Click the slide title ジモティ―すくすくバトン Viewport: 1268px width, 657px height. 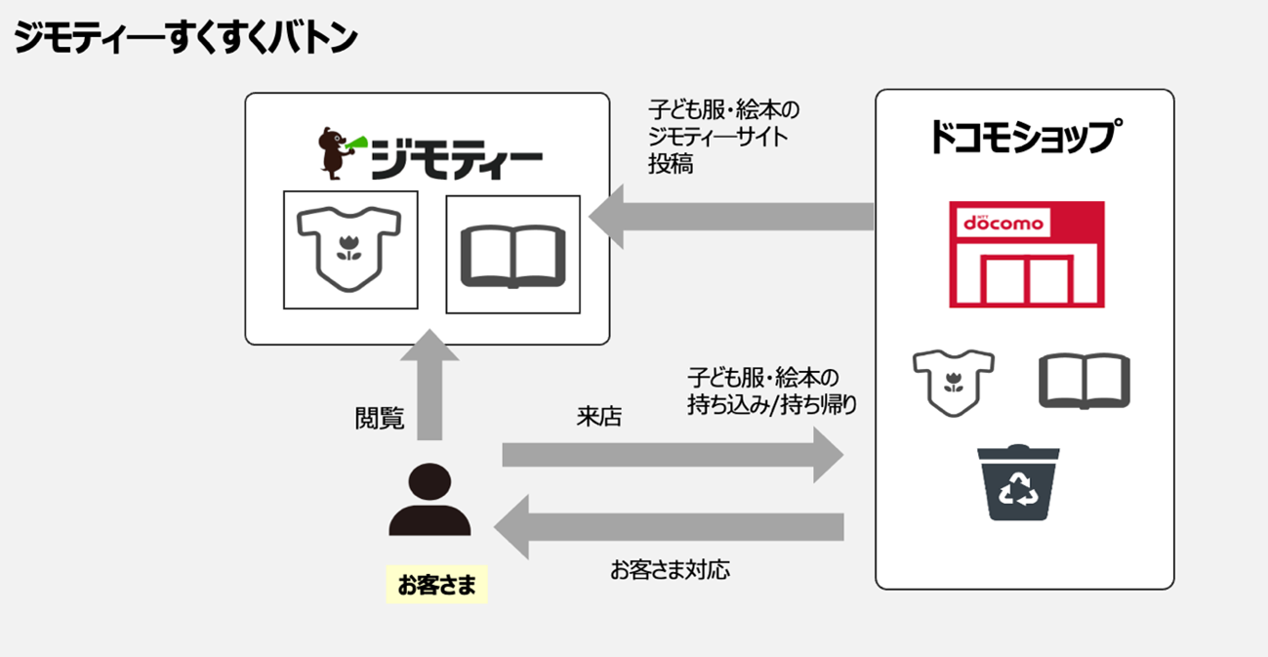185,38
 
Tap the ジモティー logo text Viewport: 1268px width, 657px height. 457,161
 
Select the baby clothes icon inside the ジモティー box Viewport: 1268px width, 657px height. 348,250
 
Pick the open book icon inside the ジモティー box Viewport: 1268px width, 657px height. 512,255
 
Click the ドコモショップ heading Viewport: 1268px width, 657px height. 1024,137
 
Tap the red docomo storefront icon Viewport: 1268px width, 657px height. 1027,255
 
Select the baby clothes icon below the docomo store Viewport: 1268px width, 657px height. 954,382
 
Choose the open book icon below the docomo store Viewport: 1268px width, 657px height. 1084,380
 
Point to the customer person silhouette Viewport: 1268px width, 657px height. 429,500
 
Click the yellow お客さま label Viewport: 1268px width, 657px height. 436,585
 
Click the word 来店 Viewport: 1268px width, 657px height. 599,417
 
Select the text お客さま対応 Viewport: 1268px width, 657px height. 670,569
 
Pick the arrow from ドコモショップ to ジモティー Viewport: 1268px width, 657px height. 732,216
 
